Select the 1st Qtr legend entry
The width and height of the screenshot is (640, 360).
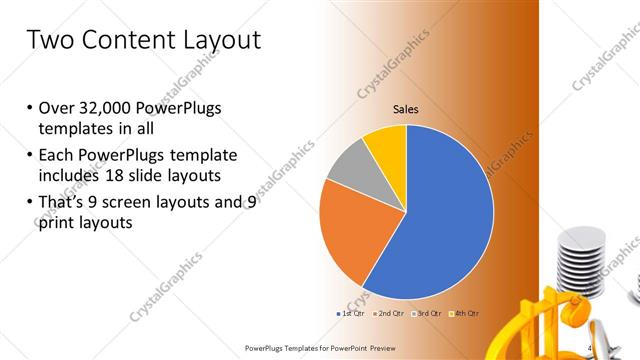tap(351, 313)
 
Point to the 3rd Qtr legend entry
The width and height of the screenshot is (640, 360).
tap(429, 313)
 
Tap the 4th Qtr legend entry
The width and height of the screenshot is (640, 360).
tap(465, 313)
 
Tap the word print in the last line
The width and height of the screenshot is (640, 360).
tap(54, 223)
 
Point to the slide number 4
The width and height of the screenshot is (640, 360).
tap(590, 348)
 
